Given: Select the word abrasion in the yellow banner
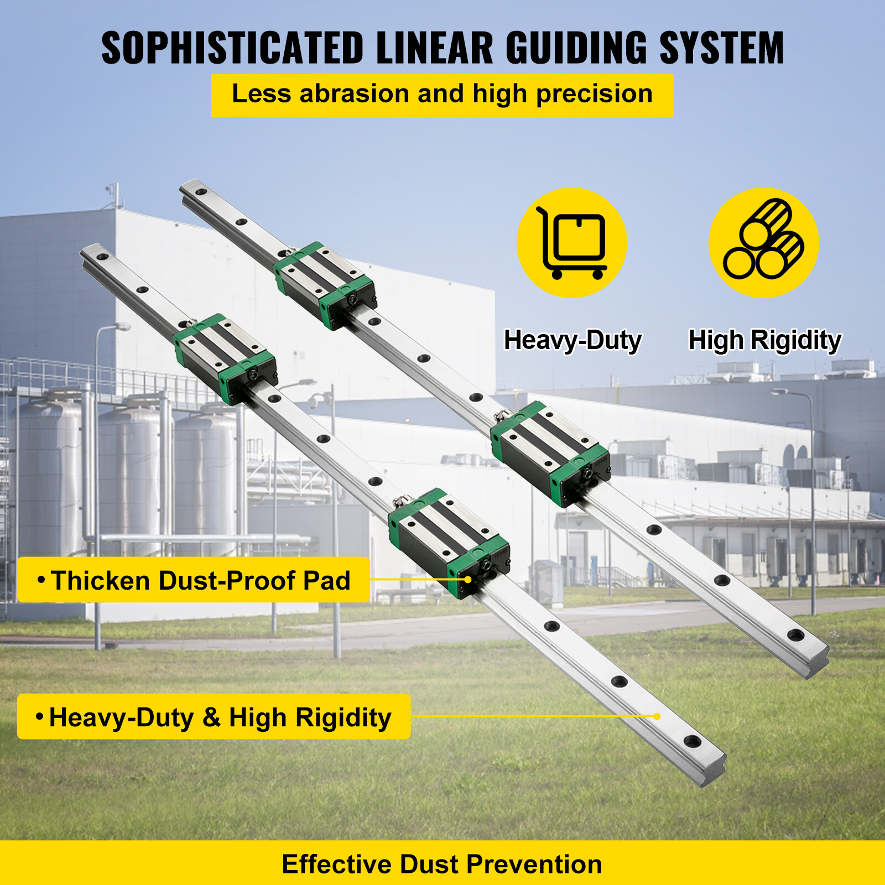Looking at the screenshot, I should pos(354,93).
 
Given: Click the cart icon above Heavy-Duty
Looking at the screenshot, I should pos(572,243).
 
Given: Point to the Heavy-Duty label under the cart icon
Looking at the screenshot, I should pos(572,340).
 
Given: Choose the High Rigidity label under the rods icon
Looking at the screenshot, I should pos(764,340).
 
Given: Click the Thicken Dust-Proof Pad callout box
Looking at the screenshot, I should pos(194,580).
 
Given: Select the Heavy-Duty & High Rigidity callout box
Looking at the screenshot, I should pos(214,717).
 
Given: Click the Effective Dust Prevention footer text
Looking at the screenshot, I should pos(442,864).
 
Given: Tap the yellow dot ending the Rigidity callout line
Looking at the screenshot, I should pos(657,716).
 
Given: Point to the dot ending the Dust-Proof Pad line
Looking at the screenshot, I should pos(468,580).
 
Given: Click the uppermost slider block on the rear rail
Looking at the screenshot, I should pos(325,285).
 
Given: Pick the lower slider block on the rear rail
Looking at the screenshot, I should pos(551,454).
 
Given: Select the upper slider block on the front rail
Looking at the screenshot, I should pos(226,358).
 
